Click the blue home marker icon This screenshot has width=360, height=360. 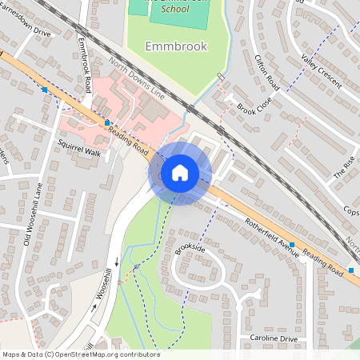tap(180, 173)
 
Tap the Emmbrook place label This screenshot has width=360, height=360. tap(176, 46)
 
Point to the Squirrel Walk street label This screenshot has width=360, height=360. tap(80, 150)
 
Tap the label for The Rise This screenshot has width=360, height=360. tap(343, 166)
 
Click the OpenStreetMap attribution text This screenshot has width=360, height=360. tap(80, 354)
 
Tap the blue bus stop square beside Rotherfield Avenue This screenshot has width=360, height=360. tap(293, 244)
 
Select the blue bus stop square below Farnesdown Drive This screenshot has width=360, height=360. tap(44, 90)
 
